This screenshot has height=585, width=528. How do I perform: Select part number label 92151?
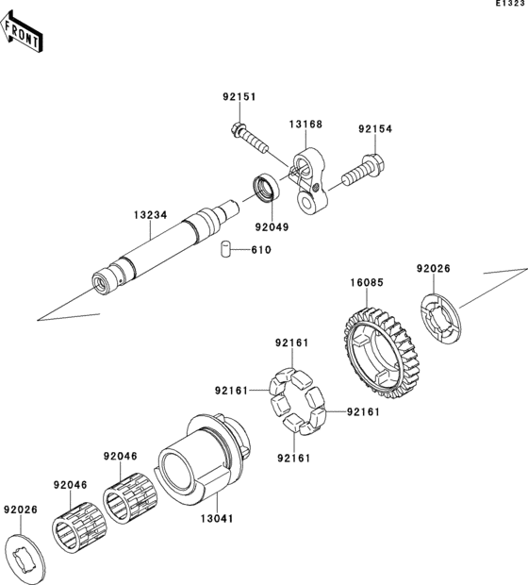239,97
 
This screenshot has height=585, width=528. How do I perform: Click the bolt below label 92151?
250,139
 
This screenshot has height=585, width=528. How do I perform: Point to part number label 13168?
305,124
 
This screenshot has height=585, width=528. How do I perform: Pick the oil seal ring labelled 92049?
267,189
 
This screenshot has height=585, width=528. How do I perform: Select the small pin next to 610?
225,249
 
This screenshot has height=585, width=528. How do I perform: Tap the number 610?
261,250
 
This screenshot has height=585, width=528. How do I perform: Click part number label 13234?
151,215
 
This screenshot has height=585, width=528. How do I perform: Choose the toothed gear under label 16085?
380,352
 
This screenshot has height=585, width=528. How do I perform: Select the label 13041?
217,519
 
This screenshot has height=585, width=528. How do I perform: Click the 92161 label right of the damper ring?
363,412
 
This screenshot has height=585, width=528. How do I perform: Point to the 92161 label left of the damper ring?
231,391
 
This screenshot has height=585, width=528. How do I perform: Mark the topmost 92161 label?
292,343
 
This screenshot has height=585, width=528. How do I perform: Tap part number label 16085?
367,283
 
